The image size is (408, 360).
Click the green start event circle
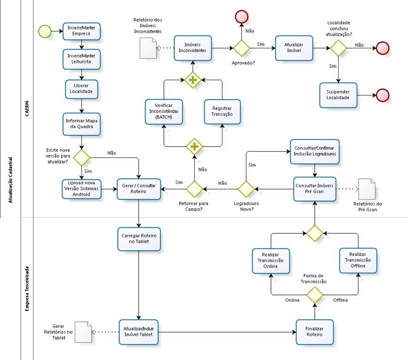[x=45, y=31]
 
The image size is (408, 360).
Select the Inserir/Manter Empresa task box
[x=82, y=31]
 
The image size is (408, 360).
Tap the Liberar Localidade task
[x=82, y=89]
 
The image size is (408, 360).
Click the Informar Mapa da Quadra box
[x=82, y=124]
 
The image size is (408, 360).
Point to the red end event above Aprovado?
[x=242, y=16]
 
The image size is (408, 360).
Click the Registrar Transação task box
[x=222, y=111]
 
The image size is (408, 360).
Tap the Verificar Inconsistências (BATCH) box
[x=163, y=111]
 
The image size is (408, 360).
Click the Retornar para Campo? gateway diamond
[x=194, y=189]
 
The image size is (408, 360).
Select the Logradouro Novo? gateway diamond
[x=246, y=189]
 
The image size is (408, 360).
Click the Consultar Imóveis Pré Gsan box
[x=315, y=189]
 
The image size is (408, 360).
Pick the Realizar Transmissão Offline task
[x=358, y=261]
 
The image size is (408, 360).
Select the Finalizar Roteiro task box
[x=315, y=332]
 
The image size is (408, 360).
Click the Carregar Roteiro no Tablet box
[x=139, y=239]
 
